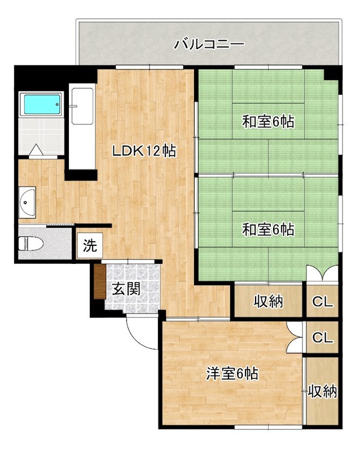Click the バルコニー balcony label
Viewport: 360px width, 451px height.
209,43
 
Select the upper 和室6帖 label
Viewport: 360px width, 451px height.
268,121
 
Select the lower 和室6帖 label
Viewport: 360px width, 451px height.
268,229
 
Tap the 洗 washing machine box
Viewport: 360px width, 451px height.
90,246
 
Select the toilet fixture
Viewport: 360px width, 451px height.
32,244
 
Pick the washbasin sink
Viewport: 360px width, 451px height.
27,202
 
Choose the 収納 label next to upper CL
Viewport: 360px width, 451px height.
268,302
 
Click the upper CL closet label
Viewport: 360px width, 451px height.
323,302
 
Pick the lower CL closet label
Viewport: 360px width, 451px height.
323,338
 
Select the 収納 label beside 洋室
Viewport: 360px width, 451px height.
322,391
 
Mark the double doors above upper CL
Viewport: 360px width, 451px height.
323,273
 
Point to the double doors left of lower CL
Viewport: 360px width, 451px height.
295,338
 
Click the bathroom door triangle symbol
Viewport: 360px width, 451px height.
36,150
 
